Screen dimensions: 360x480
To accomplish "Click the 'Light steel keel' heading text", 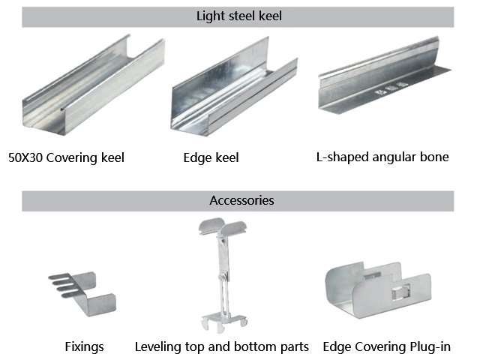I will [238, 16].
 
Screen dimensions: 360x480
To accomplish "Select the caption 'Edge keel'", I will [211, 157].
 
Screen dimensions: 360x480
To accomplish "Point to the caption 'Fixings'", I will [83, 347].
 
